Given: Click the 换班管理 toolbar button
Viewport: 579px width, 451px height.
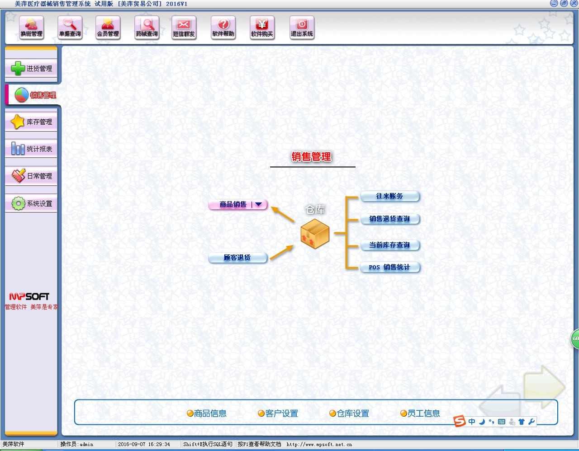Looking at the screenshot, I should point(31,28).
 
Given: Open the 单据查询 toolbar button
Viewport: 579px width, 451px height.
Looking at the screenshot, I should point(70,28).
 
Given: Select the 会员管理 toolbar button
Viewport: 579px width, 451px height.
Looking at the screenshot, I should point(108,28).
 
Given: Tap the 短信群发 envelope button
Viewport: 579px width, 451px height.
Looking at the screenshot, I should point(184,28).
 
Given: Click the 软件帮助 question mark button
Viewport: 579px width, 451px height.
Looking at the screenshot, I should point(223,28).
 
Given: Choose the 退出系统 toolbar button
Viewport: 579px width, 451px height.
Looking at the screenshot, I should point(302,28).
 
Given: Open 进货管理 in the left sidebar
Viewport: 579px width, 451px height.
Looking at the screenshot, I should point(31,69).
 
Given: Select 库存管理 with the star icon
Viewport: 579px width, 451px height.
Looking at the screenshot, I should point(31,122).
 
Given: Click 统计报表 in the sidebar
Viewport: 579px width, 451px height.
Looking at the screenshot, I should point(31,149).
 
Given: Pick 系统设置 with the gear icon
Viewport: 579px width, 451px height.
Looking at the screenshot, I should point(31,203).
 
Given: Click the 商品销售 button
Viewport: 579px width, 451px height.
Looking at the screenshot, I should point(233,204).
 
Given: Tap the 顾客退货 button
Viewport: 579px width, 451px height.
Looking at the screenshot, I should point(237,258).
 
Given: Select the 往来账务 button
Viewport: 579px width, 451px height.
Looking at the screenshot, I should point(389,196).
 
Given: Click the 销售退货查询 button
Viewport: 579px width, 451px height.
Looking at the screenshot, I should point(389,219).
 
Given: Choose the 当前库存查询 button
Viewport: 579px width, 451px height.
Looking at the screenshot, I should point(389,245).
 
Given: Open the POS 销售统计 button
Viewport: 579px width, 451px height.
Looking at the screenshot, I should point(389,267).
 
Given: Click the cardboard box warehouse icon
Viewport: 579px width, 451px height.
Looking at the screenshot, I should point(315,233).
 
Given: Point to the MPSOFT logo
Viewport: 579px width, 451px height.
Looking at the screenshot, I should point(29,296).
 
